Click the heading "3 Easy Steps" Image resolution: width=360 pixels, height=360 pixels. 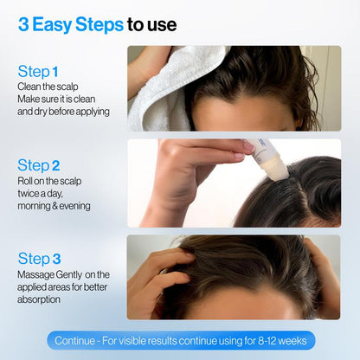click(x=69, y=24)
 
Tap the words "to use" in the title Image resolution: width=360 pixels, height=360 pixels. click(x=151, y=24)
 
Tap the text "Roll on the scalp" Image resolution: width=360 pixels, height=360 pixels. click(x=48, y=182)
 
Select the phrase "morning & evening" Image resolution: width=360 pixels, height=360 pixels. click(x=54, y=206)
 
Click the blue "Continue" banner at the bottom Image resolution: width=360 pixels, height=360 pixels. click(x=181, y=340)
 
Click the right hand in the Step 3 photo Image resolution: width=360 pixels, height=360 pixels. click(x=325, y=277)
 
